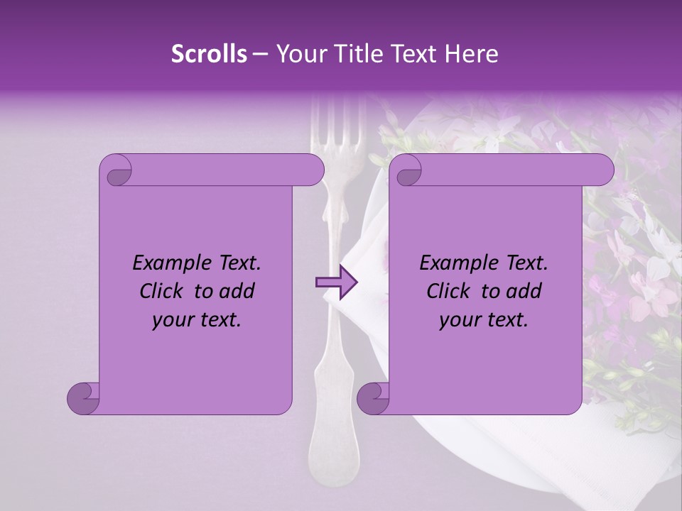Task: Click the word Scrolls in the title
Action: [209, 54]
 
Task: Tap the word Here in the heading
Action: [472, 54]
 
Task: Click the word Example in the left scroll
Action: [166, 263]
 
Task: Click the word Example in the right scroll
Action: [453, 263]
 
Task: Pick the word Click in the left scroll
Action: [162, 291]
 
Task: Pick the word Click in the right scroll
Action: [449, 291]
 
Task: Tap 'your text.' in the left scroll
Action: [197, 319]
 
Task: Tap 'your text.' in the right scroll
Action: [484, 319]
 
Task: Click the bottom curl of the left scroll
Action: [84, 398]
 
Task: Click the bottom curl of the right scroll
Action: [374, 398]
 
